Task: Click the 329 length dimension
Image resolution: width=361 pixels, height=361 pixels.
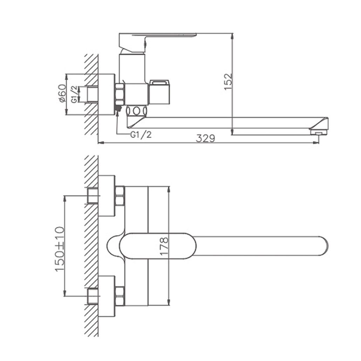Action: pyautogui.click(x=205, y=138)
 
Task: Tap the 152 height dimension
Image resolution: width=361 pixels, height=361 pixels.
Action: pyautogui.click(x=229, y=82)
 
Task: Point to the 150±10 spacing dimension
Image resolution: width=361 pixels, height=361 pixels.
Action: pyautogui.click(x=59, y=249)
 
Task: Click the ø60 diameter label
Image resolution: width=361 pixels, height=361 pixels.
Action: pyautogui.click(x=62, y=94)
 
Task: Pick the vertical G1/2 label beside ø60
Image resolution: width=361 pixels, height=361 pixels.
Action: pyautogui.click(x=74, y=94)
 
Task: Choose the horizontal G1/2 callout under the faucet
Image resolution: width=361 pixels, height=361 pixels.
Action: pyautogui.click(x=141, y=135)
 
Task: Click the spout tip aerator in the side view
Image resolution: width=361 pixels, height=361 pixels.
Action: pyautogui.click(x=319, y=132)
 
